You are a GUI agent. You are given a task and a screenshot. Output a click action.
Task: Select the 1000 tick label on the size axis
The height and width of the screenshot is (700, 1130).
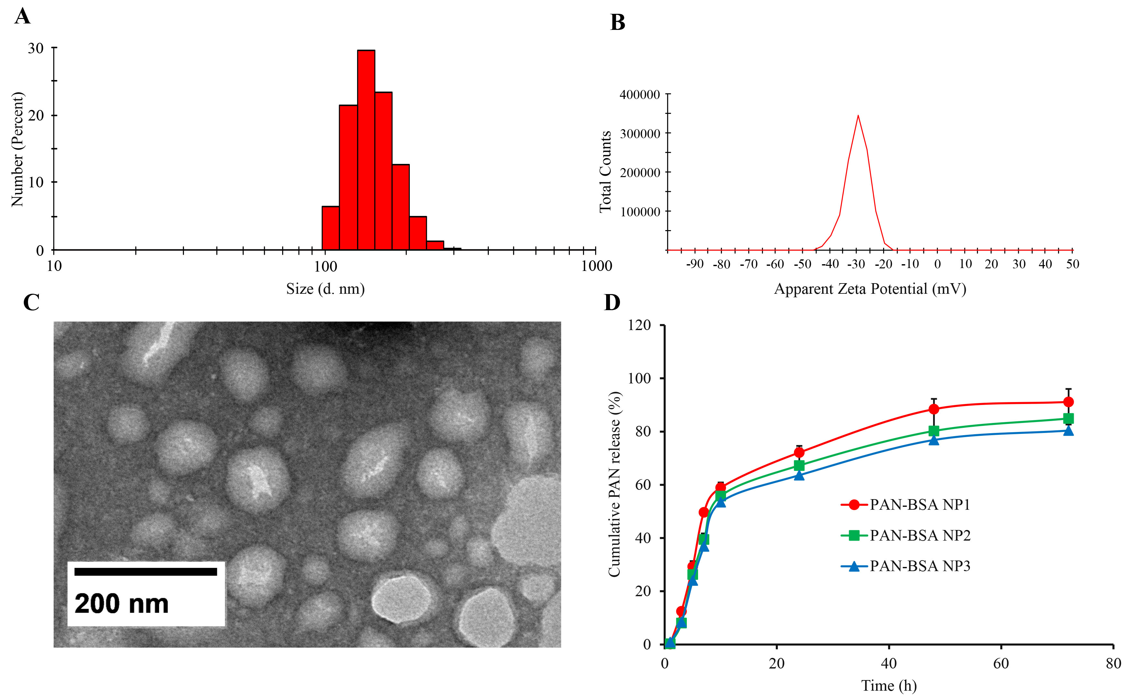(x=596, y=266)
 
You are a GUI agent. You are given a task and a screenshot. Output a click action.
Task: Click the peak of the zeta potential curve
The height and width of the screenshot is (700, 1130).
(x=858, y=116)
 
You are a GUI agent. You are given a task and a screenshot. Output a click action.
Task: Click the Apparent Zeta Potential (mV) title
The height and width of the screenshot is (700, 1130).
(x=870, y=289)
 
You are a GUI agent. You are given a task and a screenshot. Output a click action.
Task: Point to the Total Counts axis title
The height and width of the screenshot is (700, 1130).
(x=605, y=171)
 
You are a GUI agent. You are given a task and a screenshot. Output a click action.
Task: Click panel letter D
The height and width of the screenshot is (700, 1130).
(x=612, y=302)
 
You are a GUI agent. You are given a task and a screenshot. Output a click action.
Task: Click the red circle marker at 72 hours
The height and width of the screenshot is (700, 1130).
(x=1068, y=401)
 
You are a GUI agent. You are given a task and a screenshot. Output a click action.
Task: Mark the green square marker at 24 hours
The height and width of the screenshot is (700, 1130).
(x=799, y=465)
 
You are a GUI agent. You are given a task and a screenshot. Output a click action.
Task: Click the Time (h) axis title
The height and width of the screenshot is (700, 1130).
(x=888, y=686)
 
